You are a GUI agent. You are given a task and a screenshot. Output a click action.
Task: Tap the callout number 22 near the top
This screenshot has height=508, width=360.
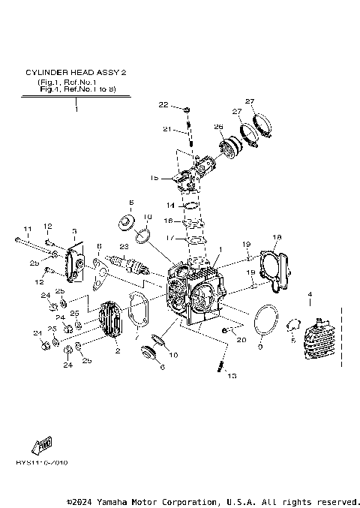(163, 104)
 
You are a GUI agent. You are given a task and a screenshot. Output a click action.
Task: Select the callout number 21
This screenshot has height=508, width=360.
(168, 129)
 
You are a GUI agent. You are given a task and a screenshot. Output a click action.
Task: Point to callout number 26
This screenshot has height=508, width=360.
(219, 126)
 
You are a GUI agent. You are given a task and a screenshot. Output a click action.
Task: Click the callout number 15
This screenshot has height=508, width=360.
(154, 178)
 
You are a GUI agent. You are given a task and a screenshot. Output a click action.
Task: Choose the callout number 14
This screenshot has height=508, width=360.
(170, 205)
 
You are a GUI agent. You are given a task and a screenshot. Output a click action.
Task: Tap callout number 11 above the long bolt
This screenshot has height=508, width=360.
(27, 228)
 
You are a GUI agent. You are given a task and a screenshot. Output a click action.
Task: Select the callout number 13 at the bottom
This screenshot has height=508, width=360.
(231, 375)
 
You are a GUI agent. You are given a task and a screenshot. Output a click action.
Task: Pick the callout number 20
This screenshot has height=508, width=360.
(241, 340)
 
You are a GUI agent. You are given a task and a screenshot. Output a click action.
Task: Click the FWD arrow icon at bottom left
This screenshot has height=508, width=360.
(40, 444)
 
